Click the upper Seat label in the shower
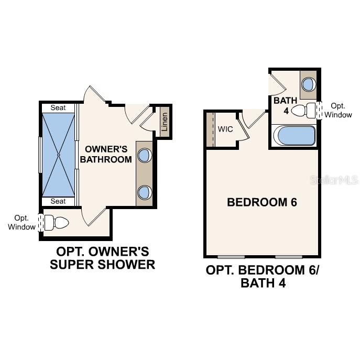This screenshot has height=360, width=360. [58, 108]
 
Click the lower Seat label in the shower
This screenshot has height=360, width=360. [58, 201]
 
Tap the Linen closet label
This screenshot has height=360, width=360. [165, 122]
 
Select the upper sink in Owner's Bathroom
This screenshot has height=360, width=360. [144, 155]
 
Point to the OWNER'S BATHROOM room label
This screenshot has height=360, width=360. [108, 154]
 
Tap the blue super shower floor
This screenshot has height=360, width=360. [59, 155]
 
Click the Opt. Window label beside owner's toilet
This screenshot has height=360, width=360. [21, 222]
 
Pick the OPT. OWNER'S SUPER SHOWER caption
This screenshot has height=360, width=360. [103, 258]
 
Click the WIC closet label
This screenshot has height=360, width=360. [225, 129]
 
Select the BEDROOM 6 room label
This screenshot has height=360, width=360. [262, 202]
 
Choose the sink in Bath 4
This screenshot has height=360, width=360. [309, 83]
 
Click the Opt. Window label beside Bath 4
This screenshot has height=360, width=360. [338, 110]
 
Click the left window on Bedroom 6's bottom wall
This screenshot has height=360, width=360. [232, 257]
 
